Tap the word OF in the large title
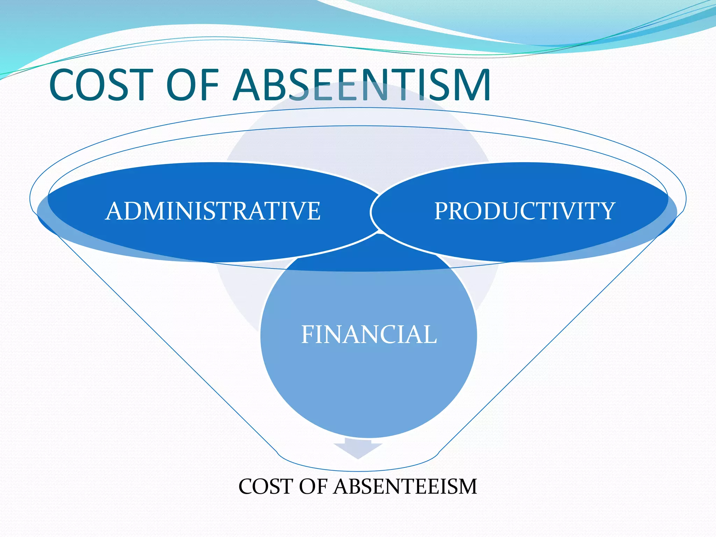click(x=193, y=85)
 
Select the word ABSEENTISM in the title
click(x=361, y=85)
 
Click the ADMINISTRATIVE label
click(x=213, y=211)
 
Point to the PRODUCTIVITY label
click(x=524, y=211)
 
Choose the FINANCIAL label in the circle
click(x=369, y=335)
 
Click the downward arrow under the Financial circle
click(x=358, y=450)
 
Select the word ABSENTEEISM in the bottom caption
click(x=405, y=486)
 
